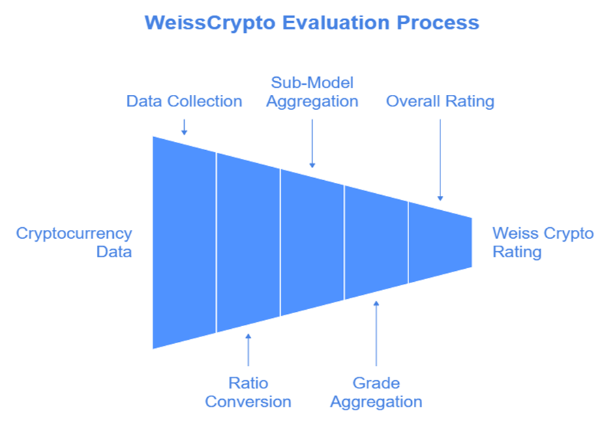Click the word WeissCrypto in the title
[210, 23]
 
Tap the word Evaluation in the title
[335, 23]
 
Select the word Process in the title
[438, 23]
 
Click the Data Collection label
[184, 101]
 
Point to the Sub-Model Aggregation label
[312, 92]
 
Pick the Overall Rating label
[440, 101]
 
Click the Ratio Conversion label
[248, 392]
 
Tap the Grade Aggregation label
[376, 392]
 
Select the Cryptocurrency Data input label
[74, 242]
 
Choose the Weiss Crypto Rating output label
[543, 242]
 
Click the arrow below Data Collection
[184, 127]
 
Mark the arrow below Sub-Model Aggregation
[312, 143]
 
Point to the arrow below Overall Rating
[440, 160]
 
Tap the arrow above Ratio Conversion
[248, 349]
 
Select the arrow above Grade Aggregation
[376, 334]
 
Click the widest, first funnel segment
[184, 242]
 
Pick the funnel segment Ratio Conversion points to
[248, 242]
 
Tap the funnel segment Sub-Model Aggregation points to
[312, 242]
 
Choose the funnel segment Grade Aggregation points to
[376, 242]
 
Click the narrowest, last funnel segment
[440, 242]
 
